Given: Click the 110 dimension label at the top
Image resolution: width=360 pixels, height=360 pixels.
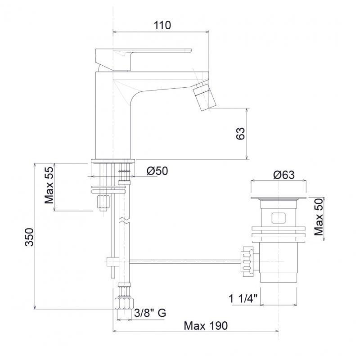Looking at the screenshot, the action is click(x=162, y=25).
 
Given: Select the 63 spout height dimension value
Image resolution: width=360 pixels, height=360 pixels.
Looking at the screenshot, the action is click(x=240, y=133).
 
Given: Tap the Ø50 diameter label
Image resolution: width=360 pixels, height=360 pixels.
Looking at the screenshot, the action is click(x=157, y=171).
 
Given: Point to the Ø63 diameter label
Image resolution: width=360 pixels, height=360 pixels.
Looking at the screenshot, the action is click(x=284, y=175).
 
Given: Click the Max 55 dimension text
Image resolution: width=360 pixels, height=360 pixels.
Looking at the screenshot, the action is click(x=49, y=185).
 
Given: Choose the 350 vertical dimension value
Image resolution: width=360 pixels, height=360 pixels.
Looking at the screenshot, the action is click(x=29, y=237).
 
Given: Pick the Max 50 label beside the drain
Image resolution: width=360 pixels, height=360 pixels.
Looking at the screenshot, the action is click(x=319, y=217).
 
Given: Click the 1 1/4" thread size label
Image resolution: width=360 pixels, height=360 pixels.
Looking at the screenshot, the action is click(x=243, y=299).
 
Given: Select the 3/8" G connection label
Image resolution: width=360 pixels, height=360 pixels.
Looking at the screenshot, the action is click(x=150, y=313).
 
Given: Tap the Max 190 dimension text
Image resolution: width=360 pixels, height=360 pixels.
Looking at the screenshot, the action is click(x=206, y=325).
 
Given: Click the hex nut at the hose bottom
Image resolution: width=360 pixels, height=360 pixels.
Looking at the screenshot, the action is click(x=124, y=304).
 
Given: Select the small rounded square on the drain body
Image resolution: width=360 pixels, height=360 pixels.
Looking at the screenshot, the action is click(x=279, y=218).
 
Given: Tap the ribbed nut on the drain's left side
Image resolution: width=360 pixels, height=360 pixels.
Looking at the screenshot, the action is click(x=247, y=261).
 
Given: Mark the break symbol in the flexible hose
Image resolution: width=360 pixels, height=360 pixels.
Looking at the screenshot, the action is click(x=124, y=220).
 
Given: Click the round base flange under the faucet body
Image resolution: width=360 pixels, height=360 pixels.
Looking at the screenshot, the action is click(x=113, y=161).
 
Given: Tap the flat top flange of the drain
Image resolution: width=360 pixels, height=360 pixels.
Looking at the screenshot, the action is click(x=279, y=198).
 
